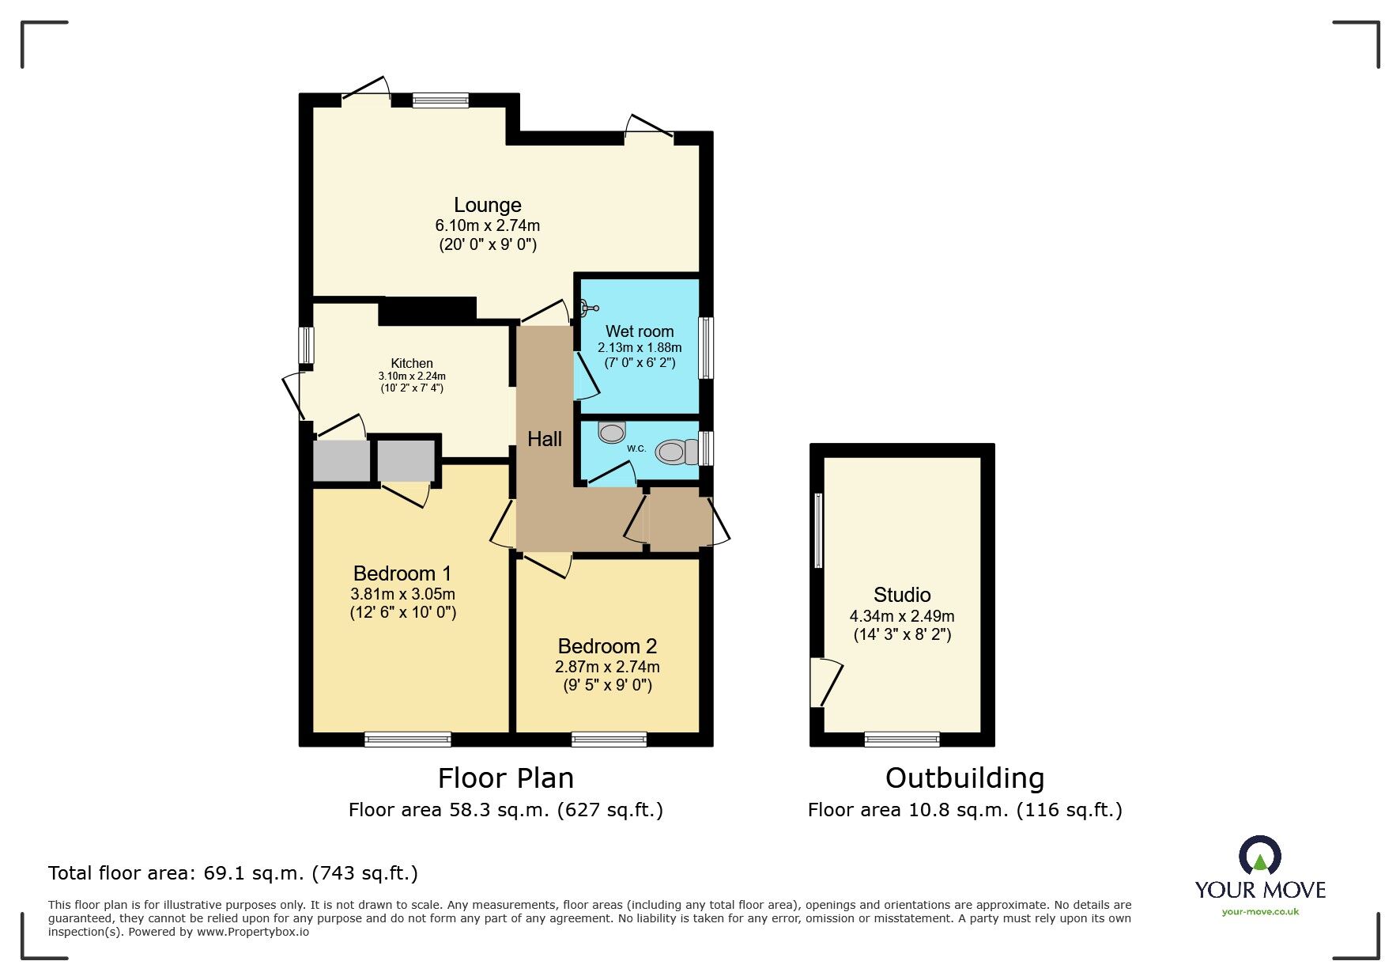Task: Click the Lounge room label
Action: coord(487,206)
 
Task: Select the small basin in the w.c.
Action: coord(612,432)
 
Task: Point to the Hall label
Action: coord(545,440)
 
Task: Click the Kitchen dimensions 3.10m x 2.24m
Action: coord(412,376)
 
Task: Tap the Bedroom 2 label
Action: coord(607,646)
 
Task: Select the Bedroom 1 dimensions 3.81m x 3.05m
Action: coord(402,594)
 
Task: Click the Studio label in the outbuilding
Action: coord(902,595)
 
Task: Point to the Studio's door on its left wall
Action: coord(825,682)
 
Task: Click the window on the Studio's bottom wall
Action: coord(902,740)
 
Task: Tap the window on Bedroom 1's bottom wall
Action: coord(408,740)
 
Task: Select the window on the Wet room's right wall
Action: coord(707,348)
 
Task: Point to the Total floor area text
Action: coord(233,873)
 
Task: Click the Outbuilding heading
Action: coord(964,778)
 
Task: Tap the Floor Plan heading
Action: coord(506,778)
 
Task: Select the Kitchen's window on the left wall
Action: coord(306,346)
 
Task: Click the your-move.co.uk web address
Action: coord(1260,912)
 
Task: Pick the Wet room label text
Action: coord(640,331)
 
